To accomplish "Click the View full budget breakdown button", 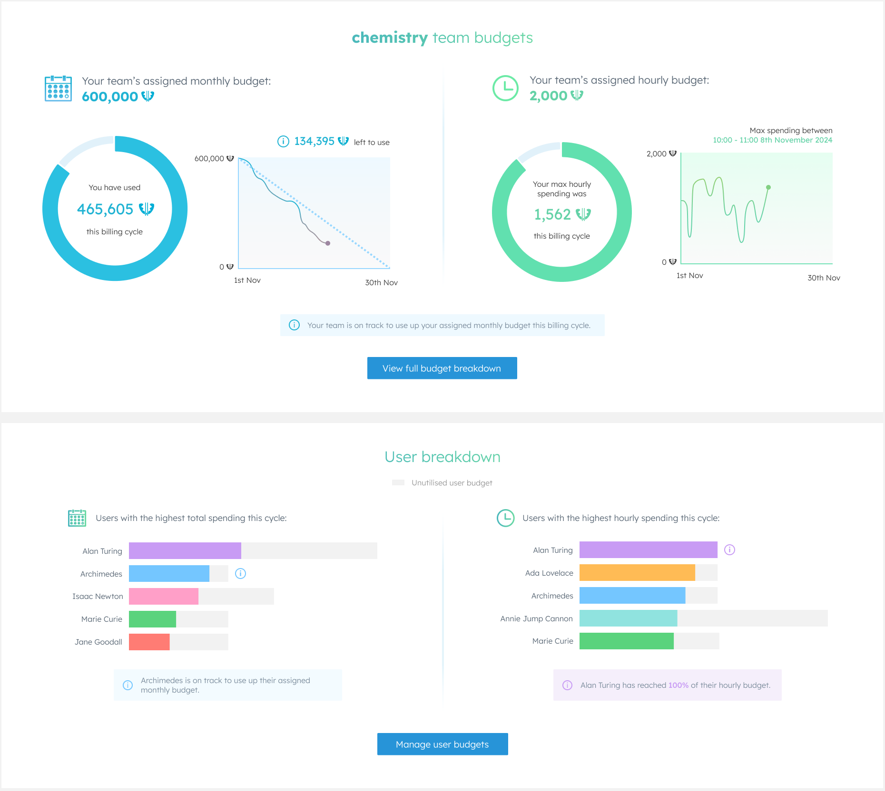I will (x=442, y=368).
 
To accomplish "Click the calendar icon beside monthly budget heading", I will (x=58, y=88).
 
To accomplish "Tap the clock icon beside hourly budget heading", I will (x=505, y=88).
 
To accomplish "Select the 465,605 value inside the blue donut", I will (x=106, y=209).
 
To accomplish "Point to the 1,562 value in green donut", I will (x=553, y=214).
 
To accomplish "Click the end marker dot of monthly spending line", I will (x=328, y=243).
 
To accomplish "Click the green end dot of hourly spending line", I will (x=768, y=187).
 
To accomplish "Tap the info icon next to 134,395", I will (x=283, y=141).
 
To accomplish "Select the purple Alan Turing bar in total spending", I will (x=185, y=550).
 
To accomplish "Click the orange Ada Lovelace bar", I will (x=637, y=573).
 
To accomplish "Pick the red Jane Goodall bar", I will (x=149, y=642).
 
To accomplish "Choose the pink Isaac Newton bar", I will (x=163, y=596).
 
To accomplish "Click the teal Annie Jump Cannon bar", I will (x=628, y=618).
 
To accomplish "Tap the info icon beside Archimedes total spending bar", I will (x=241, y=573).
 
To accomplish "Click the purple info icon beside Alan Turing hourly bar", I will (x=729, y=550).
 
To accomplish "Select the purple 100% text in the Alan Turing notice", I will (x=678, y=685).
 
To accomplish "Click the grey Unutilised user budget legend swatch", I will (x=398, y=482).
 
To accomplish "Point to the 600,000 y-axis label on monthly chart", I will (x=209, y=158).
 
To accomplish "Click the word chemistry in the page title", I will (x=390, y=38).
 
